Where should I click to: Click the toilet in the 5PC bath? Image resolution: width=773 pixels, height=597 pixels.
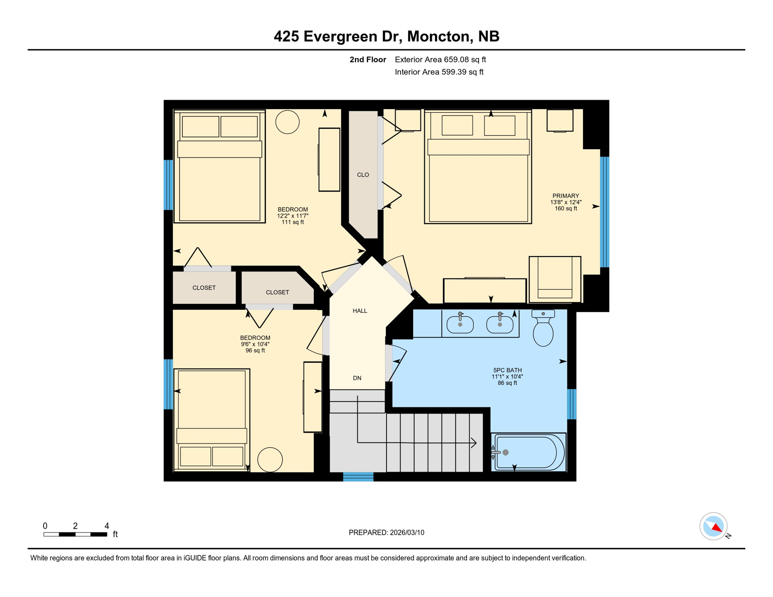coord(543,331)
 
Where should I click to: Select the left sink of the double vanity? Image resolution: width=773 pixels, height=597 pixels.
coord(460,325)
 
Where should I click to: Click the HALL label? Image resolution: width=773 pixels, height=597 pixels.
coord(360,311)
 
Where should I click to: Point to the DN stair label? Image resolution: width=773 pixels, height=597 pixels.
coord(357,378)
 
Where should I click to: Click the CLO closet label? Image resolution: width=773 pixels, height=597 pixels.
coord(363,175)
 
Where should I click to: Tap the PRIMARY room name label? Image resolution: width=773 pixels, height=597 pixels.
coord(565,196)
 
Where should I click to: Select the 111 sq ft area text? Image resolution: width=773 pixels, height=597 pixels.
coord(292,222)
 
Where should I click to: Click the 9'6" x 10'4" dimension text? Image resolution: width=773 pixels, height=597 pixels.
coord(255,344)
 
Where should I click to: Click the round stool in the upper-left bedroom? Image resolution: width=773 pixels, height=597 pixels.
coord(287,122)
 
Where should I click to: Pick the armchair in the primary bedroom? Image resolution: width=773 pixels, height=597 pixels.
coord(554,279)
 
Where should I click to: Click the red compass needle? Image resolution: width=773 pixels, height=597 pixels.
coord(717,527)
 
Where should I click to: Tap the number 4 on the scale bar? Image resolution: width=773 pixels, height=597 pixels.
coord(107,526)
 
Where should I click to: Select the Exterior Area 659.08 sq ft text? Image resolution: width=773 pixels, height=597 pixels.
coord(440,59)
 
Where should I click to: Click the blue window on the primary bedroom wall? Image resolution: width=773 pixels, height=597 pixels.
coord(604,212)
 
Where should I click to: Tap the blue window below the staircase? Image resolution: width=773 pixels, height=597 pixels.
coord(358,477)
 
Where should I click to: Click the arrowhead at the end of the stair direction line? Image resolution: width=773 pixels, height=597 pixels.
coord(474,443)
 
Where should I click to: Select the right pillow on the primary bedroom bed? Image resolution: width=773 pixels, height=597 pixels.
coord(499,126)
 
